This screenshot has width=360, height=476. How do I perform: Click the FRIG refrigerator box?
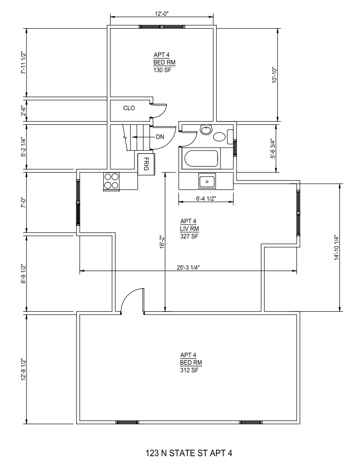[146, 164]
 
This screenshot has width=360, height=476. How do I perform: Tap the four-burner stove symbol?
[111, 181]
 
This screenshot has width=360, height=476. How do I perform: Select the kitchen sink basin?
[207, 181]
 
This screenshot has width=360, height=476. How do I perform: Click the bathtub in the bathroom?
[201, 159]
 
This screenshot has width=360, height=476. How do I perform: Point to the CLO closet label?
[129, 108]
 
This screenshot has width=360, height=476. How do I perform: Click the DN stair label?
[160, 137]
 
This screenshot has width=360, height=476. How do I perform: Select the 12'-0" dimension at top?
[162, 13]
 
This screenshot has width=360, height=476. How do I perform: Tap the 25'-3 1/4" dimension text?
[188, 267]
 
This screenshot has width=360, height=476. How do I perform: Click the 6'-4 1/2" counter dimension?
[206, 198]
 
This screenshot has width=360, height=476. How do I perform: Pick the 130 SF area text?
[161, 70]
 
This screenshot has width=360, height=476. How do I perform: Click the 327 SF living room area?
[189, 236]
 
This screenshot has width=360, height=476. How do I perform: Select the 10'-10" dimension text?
[274, 75]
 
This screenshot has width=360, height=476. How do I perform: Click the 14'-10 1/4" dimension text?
[336, 247]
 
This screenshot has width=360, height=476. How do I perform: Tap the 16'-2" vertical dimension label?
[162, 241]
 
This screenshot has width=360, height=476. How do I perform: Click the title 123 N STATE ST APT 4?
[189, 453]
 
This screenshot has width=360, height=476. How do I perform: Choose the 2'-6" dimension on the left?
[23, 111]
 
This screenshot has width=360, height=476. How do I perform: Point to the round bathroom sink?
[206, 130]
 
